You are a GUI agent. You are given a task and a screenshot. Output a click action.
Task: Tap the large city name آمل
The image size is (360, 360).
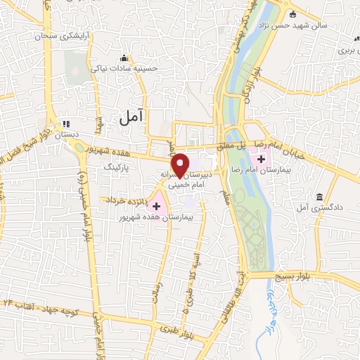(131, 120)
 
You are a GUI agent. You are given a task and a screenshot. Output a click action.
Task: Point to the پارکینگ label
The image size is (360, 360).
(117, 169)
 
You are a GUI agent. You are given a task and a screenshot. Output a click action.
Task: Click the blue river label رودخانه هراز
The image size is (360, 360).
(269, 302)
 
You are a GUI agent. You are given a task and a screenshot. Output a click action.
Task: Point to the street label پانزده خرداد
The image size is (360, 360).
(126, 202)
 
